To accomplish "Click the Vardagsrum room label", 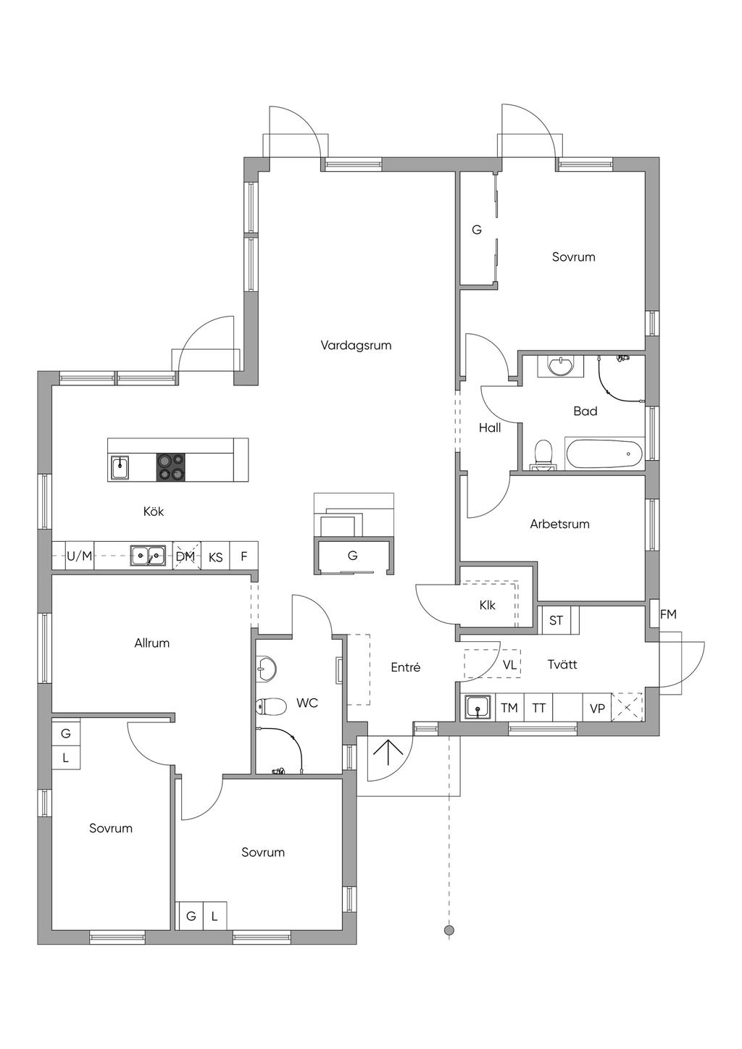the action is click(356, 346).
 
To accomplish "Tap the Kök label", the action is click(154, 511).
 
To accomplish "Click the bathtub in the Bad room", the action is click(604, 454).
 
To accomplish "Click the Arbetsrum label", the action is click(560, 524).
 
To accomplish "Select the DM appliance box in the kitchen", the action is click(187, 556).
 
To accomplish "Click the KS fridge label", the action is click(215, 557).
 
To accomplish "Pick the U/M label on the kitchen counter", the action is click(80, 556).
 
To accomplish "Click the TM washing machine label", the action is click(509, 708).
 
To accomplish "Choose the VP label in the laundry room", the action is click(597, 709).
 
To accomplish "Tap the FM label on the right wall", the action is click(668, 614).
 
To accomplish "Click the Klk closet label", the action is click(487, 605).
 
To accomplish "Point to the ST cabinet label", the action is click(556, 621).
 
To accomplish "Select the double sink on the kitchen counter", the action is click(148, 556).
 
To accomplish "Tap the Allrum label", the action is click(151, 643).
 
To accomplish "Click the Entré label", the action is click(406, 667).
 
